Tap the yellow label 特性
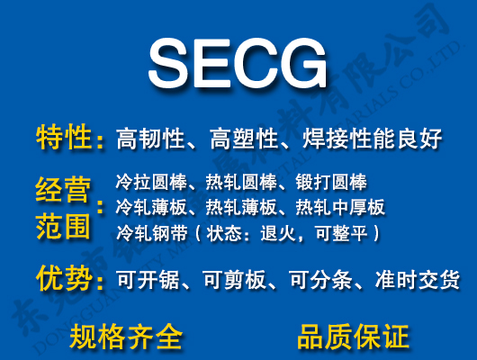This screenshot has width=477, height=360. (x=64, y=139)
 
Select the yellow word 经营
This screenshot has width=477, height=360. (x=64, y=191)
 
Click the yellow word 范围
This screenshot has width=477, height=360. (x=64, y=226)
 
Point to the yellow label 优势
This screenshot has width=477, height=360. (x=64, y=278)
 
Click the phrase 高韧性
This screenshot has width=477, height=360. (x=151, y=139)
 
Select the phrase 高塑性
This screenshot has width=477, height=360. (x=243, y=139)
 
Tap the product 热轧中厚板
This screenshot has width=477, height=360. (x=340, y=208)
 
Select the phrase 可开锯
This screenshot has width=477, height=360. (x=143, y=280)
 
